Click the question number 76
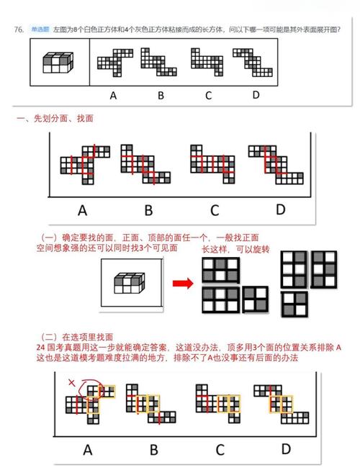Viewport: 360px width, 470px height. click(19, 30)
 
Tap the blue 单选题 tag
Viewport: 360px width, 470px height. click(39, 30)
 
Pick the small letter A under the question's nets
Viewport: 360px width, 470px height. click(113, 94)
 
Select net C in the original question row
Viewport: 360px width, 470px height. click(207, 63)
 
